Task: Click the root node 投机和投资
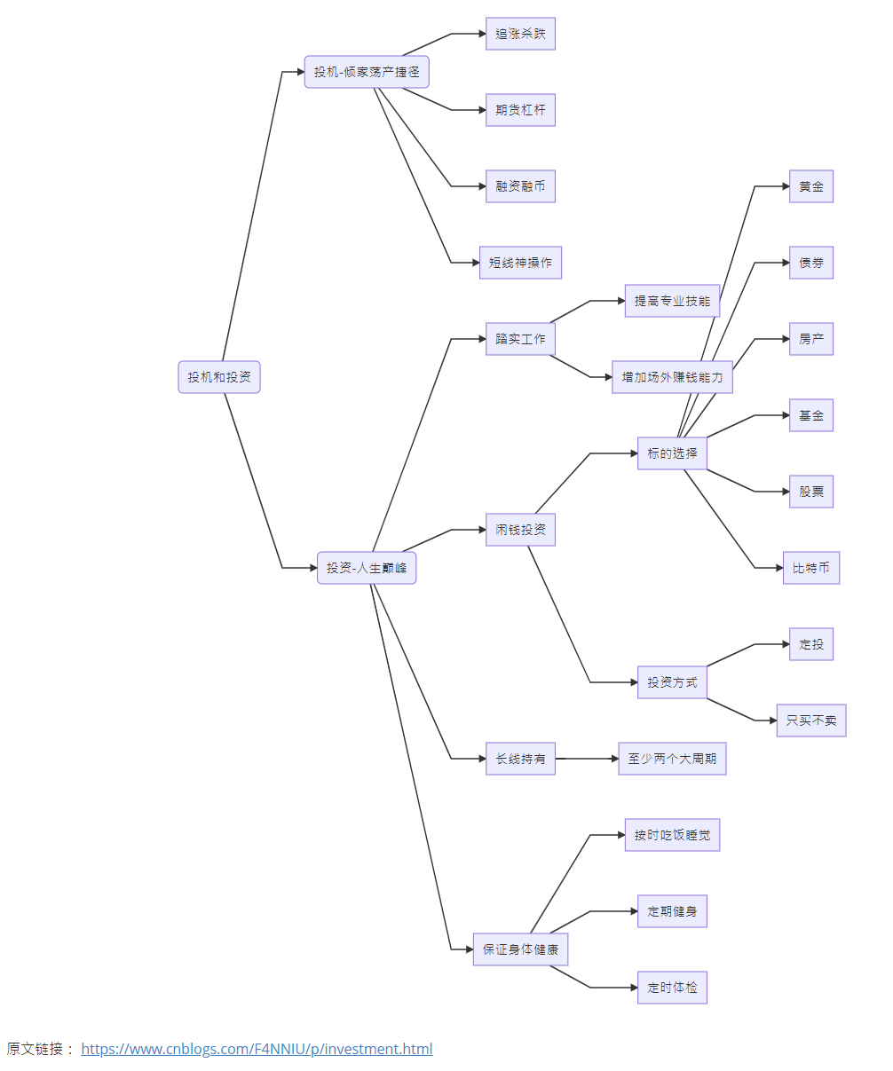[219, 377]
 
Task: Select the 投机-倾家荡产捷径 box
[367, 72]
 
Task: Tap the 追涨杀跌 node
[520, 34]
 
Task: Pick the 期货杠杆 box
[520, 110]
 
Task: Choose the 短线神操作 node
[520, 263]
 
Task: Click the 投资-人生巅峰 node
[367, 568]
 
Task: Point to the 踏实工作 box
[520, 339]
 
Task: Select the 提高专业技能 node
[672, 301]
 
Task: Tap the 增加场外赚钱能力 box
[672, 377]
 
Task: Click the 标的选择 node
[672, 453]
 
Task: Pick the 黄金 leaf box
[811, 186]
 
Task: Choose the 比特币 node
[811, 568]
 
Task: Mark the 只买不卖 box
[811, 721]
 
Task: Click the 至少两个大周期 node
[672, 759]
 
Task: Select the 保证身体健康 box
[520, 949]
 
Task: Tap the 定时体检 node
[672, 988]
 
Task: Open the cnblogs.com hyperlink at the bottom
[257, 1049]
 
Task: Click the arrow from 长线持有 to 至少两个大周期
[586, 759]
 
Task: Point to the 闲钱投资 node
[520, 530]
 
